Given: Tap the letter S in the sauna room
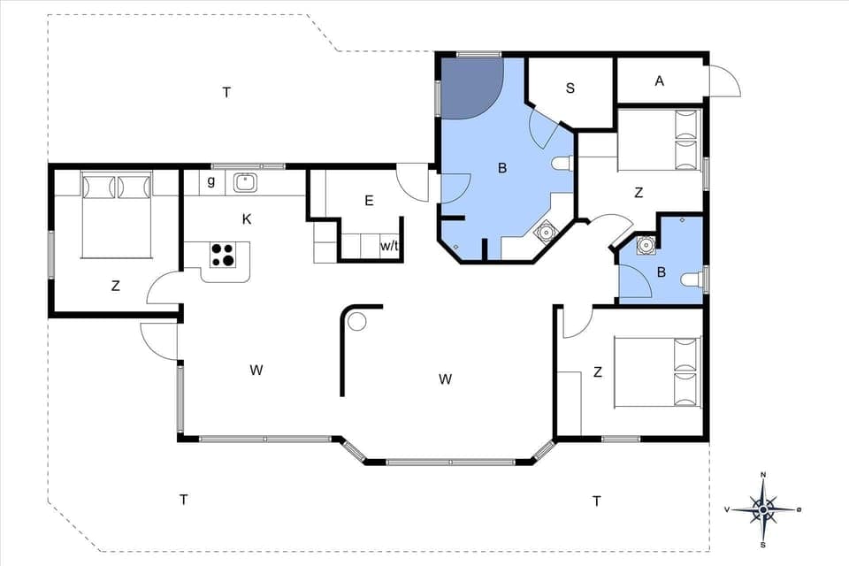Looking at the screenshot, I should pyautogui.click(x=570, y=88).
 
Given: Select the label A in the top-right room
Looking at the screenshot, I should pyautogui.click(x=659, y=81).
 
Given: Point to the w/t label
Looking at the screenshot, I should pyautogui.click(x=389, y=247).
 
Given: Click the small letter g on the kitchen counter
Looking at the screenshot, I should pyautogui.click(x=210, y=181).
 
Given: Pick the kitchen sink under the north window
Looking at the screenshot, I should pyautogui.click(x=245, y=183).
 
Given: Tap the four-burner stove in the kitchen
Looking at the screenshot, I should pyautogui.click(x=222, y=255).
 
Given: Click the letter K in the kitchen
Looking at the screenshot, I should pyautogui.click(x=247, y=218).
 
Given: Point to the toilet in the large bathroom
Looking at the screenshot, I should pyautogui.click(x=562, y=163).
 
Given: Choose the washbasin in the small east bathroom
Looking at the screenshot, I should pyautogui.click(x=646, y=244).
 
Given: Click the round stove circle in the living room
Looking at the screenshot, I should pyautogui.click(x=356, y=321).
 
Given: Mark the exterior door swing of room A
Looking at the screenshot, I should pyautogui.click(x=725, y=82).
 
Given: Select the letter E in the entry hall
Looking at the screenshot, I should pyautogui.click(x=369, y=201).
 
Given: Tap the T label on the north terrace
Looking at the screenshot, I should pyautogui.click(x=226, y=92).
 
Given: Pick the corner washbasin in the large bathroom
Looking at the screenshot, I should pyautogui.click(x=546, y=233).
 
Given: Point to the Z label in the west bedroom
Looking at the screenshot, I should pyautogui.click(x=115, y=285).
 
